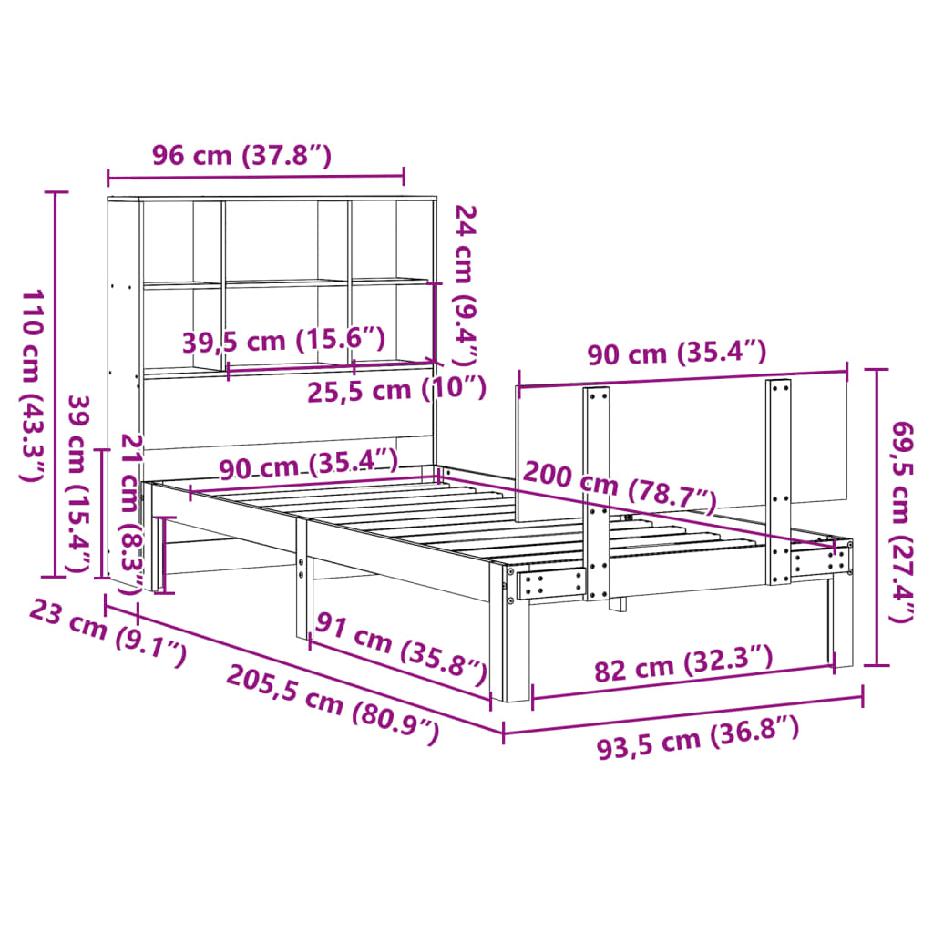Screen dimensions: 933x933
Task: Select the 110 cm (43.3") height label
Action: click(x=35, y=385)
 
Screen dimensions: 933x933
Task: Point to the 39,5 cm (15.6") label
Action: click(x=283, y=342)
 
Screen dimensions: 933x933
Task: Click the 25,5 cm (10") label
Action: click(x=395, y=389)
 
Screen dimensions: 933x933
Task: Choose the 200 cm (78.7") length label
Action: click(x=619, y=490)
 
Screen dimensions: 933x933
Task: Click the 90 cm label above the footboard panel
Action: click(x=676, y=353)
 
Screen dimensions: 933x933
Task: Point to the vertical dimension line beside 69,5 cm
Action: click(x=877, y=517)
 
